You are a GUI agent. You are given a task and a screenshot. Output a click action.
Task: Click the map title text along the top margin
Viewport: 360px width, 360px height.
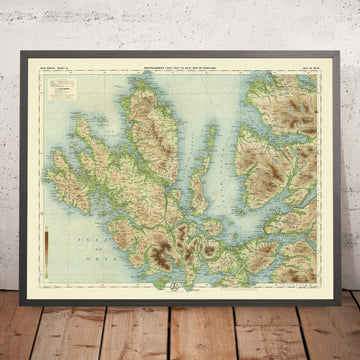coord(180,52)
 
